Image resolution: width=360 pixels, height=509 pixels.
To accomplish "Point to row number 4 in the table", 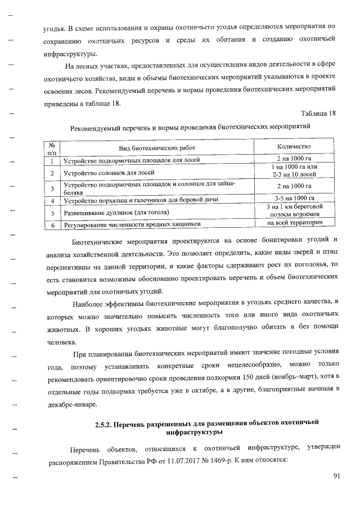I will coord(52,200).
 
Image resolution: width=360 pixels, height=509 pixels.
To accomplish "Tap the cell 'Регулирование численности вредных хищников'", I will coord(132,226).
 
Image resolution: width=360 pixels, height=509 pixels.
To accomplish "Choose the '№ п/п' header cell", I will coord(52,147).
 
